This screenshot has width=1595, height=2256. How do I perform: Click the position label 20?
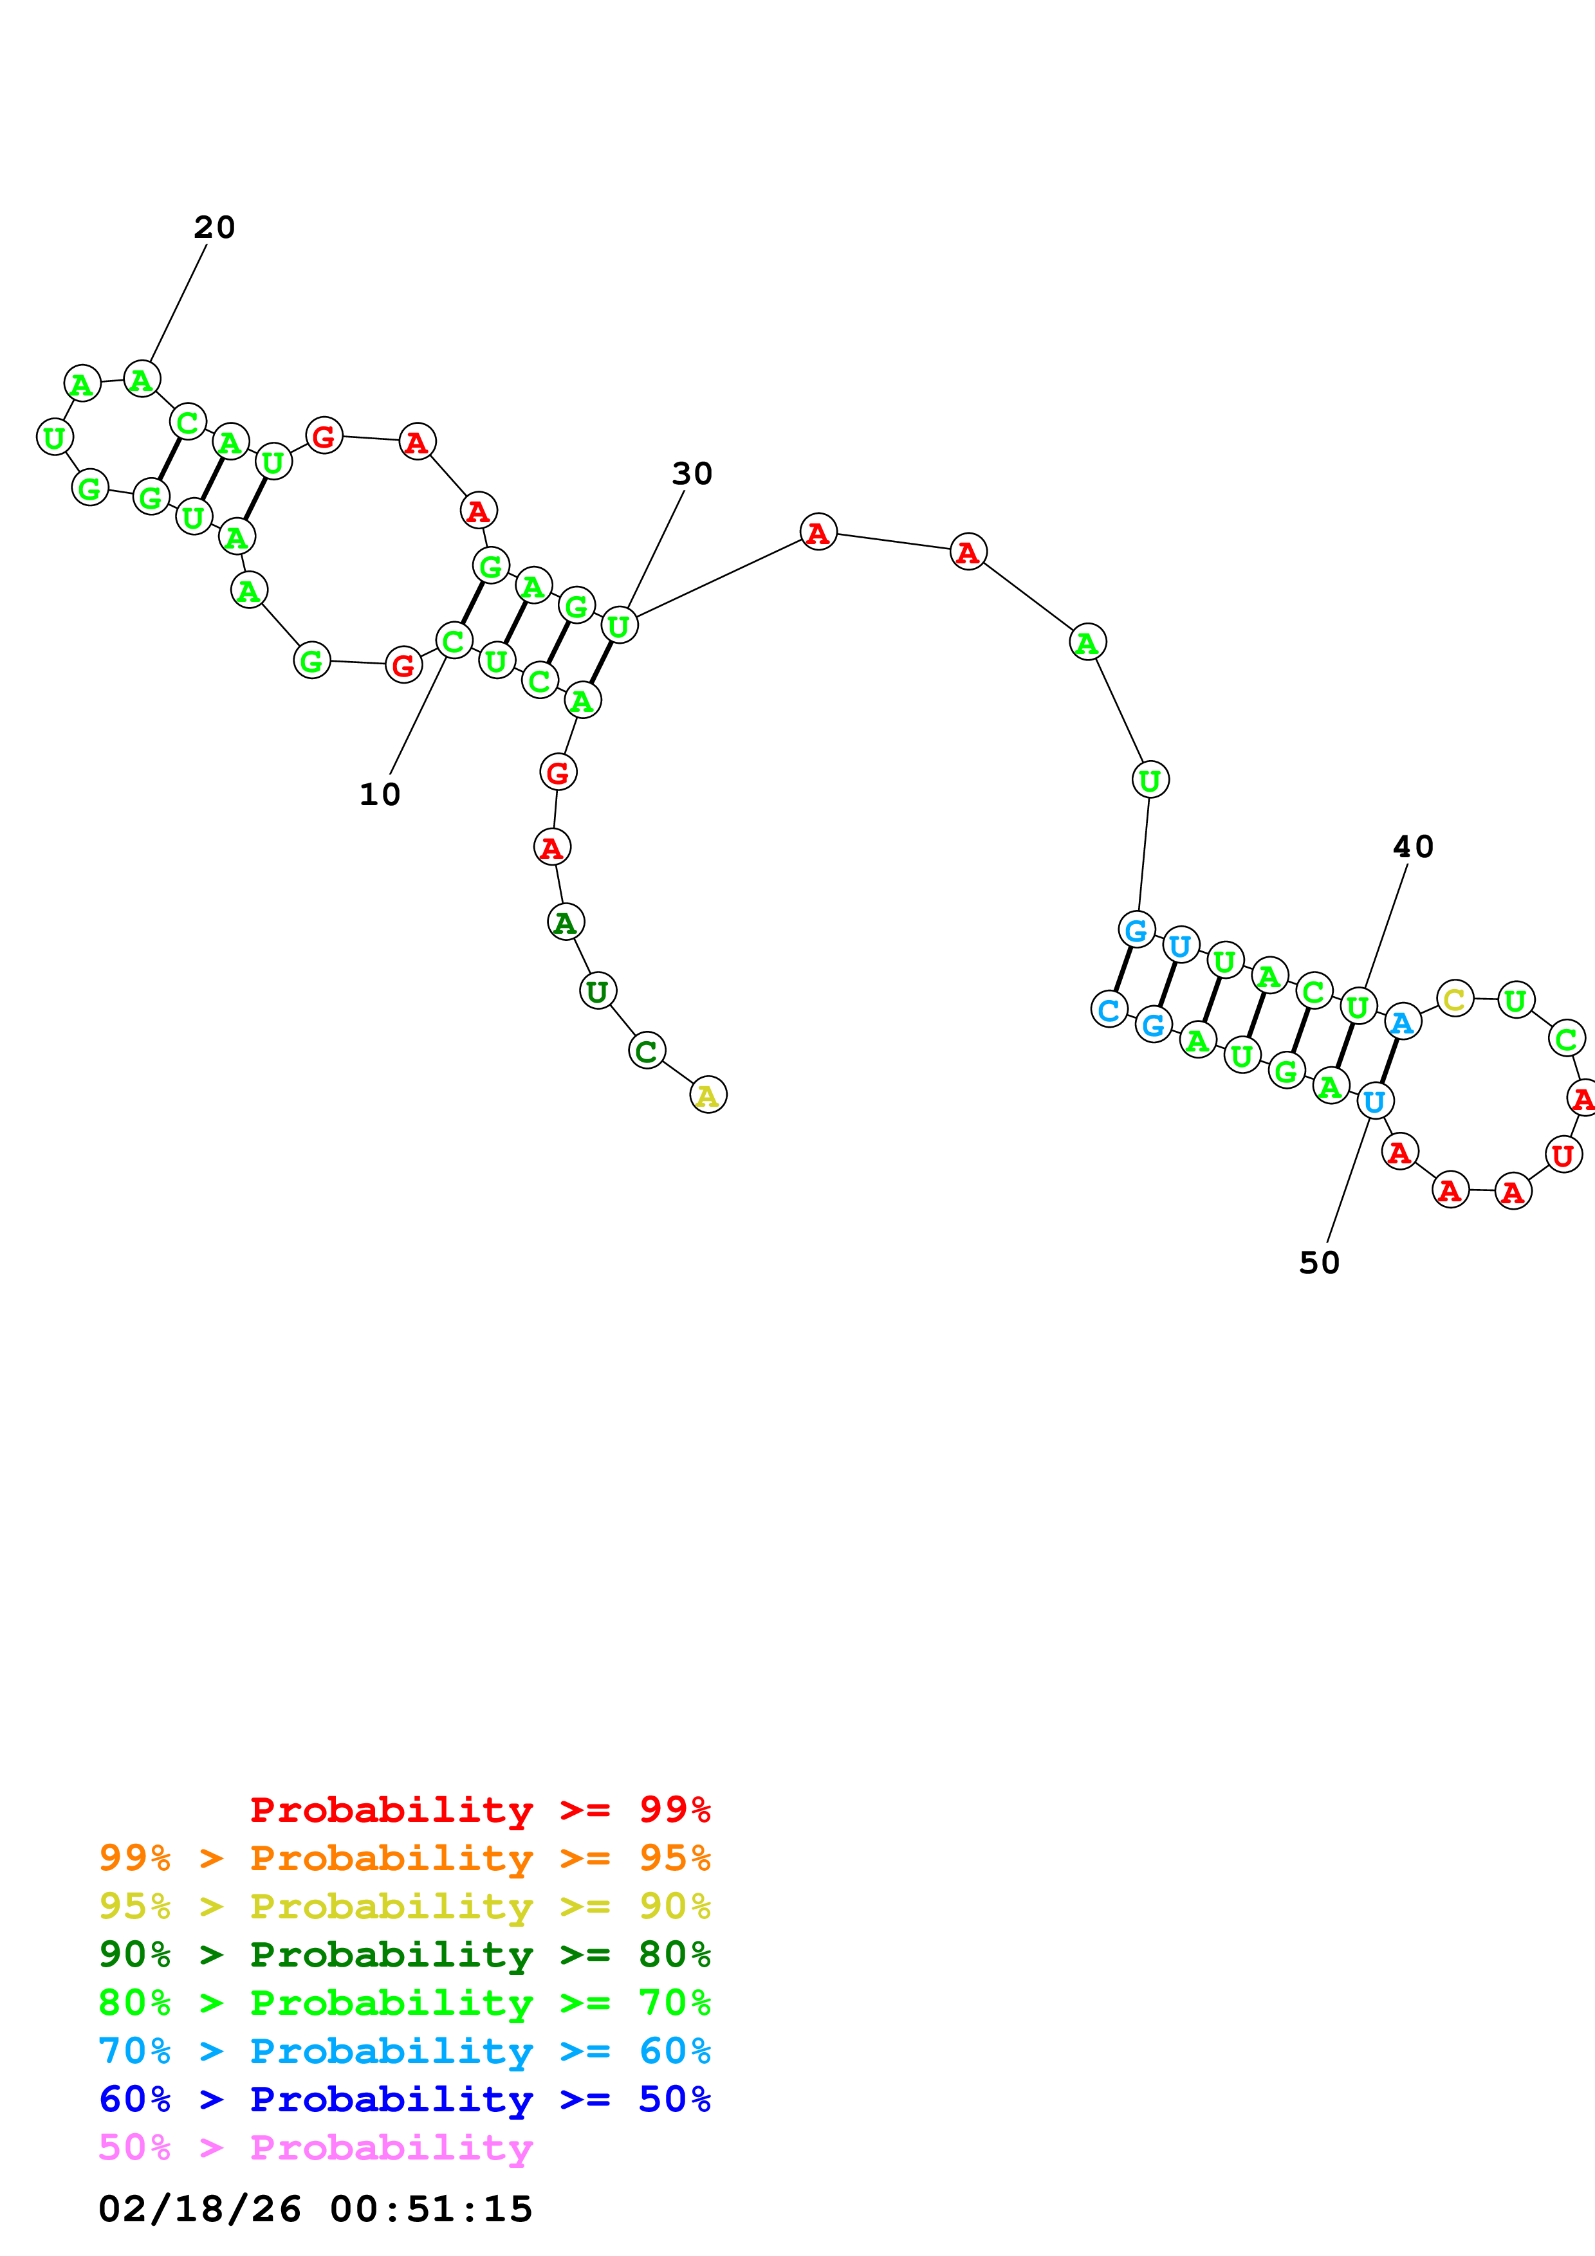tap(214, 228)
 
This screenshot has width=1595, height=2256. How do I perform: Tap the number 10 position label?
tap(380, 794)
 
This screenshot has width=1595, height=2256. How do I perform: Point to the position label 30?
tap(692, 473)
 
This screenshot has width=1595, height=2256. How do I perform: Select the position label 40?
tap(1413, 846)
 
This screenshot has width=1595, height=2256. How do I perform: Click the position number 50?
tap(1319, 1262)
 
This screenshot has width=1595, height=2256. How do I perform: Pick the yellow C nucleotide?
tap(1455, 999)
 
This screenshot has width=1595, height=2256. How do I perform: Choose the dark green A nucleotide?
tap(565, 923)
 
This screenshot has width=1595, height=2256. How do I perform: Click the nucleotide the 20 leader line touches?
tap(142, 379)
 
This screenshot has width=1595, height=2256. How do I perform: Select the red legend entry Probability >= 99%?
tap(479, 1810)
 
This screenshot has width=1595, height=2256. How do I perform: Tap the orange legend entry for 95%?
tap(405, 1858)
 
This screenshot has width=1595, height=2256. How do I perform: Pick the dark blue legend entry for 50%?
tap(405, 2100)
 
